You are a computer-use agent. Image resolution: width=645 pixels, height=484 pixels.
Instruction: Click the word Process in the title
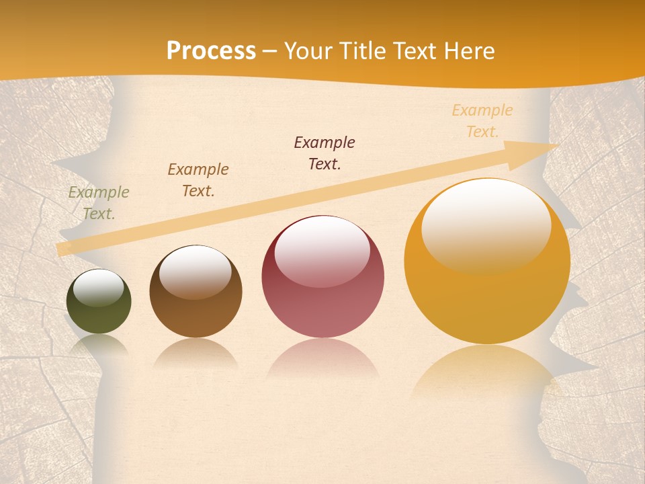(211, 51)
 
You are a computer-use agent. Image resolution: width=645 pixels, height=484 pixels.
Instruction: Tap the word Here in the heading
(468, 51)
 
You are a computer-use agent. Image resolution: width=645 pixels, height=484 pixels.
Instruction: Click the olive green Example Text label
(99, 203)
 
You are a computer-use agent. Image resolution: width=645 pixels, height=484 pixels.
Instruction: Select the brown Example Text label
(198, 180)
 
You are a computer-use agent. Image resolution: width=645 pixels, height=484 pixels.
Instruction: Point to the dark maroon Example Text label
(325, 153)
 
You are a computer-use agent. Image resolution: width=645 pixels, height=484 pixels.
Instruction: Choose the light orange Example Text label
(482, 121)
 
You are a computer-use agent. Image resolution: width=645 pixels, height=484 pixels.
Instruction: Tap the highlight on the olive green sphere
(99, 288)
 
